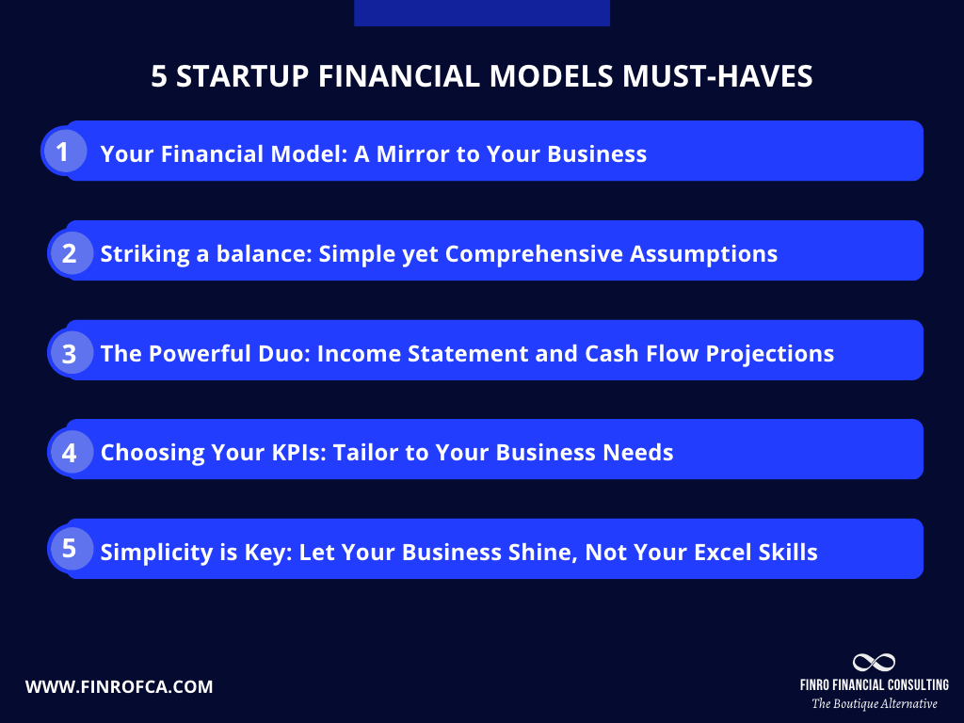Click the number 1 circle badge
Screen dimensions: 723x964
63,152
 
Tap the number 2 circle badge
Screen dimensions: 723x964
69,252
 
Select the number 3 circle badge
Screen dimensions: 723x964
69,353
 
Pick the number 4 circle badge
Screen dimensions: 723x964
69,452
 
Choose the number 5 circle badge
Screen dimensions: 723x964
69,550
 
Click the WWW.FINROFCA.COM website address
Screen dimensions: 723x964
119,687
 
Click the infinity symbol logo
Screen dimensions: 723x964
874,663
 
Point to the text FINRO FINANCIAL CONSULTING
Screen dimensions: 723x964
874,684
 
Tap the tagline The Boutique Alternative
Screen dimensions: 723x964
875,703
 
